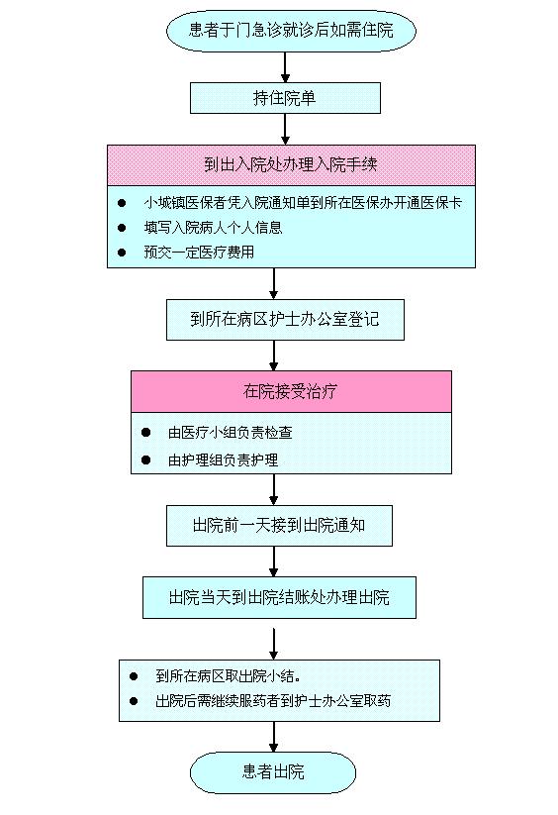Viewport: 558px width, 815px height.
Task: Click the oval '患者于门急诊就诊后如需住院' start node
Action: click(x=291, y=30)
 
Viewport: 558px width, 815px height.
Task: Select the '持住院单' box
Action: click(x=285, y=98)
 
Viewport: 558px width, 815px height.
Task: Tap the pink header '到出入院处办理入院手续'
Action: click(x=291, y=164)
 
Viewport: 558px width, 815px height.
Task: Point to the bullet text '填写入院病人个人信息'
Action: click(x=213, y=227)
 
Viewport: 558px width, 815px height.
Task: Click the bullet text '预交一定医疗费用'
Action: click(x=199, y=253)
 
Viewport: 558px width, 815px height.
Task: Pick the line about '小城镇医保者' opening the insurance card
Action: click(x=303, y=203)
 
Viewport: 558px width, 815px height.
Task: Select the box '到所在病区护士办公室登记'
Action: click(x=285, y=320)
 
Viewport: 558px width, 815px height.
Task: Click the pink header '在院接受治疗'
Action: click(x=291, y=391)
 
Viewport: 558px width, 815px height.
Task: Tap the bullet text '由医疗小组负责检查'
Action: click(x=230, y=433)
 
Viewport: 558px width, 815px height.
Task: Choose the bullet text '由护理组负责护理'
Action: click(x=223, y=460)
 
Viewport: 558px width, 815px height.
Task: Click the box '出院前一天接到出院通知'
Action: click(x=279, y=526)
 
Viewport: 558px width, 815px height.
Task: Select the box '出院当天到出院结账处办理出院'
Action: click(x=279, y=597)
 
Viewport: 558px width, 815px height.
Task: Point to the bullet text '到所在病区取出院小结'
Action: click(x=228, y=675)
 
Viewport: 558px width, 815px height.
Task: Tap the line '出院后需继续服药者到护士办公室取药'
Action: click(x=273, y=701)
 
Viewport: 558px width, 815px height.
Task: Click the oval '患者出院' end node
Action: click(x=273, y=772)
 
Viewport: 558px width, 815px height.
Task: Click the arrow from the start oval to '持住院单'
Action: click(x=285, y=67)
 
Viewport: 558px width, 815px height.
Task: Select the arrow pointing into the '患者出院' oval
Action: click(x=273, y=737)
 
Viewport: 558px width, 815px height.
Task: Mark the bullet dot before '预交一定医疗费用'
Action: click(x=122, y=253)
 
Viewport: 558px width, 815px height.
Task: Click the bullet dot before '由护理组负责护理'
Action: click(x=145, y=460)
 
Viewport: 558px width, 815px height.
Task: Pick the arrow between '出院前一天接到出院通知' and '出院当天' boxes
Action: click(x=273, y=561)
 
